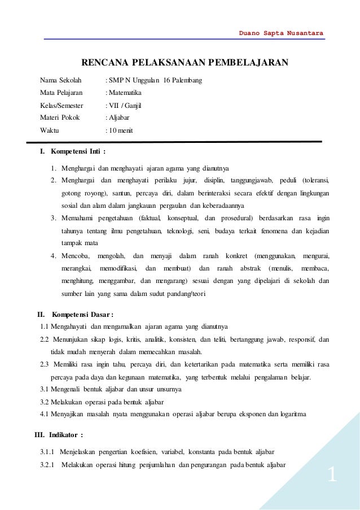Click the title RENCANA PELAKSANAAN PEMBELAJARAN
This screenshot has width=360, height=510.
click(186, 62)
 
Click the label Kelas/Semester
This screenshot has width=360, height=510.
click(62, 105)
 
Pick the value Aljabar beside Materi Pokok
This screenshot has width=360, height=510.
click(120, 117)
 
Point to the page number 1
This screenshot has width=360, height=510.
click(332, 476)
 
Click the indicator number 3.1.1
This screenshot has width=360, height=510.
click(51, 453)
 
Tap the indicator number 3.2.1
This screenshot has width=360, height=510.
click(51, 465)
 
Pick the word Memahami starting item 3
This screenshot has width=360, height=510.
click(79, 218)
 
